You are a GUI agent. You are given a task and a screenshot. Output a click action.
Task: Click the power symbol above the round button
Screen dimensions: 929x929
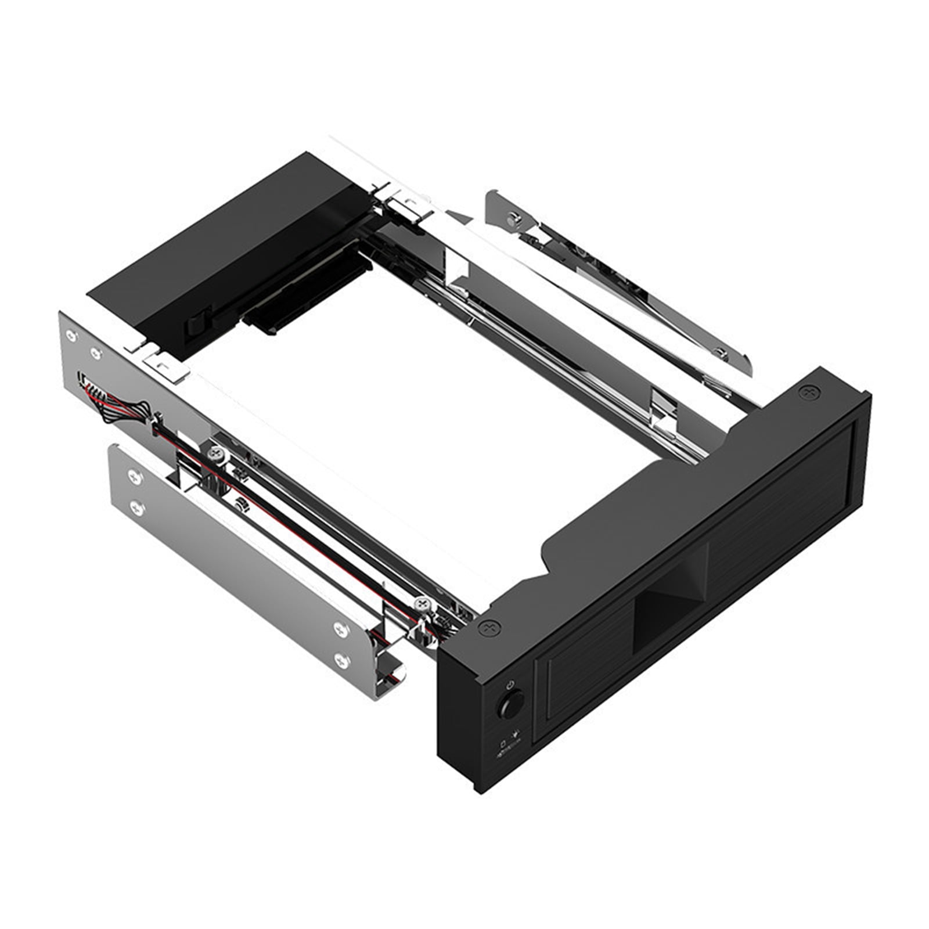tap(509, 685)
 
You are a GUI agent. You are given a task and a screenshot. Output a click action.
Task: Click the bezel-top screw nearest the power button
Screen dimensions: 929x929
tap(489, 628)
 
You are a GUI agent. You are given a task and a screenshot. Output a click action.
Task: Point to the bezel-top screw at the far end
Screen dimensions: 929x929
tap(808, 393)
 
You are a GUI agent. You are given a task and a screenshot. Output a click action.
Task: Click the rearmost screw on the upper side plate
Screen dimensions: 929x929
tap(71, 335)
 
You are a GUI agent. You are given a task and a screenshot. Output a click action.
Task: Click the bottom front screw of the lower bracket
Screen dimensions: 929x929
tap(341, 658)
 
